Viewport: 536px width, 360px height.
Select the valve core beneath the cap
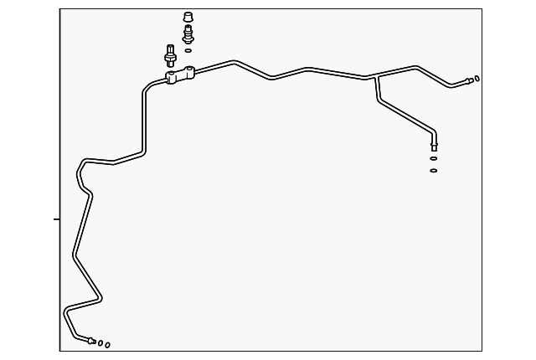pyautogui.click(x=188, y=34)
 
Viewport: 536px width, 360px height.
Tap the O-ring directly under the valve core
pyautogui.click(x=188, y=50)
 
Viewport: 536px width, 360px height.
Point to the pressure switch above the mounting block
pyautogui.click(x=169, y=54)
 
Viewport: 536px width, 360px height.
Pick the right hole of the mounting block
pyautogui.click(x=190, y=75)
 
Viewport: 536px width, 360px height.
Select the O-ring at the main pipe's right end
pyautogui.click(x=477, y=79)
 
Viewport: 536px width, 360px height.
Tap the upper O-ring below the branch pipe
pyautogui.click(x=434, y=157)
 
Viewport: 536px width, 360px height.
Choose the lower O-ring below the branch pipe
pyautogui.click(x=434, y=170)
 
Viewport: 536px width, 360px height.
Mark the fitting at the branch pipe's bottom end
pyautogui.click(x=434, y=146)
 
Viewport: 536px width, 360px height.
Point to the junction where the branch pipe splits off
pyautogui.click(x=378, y=78)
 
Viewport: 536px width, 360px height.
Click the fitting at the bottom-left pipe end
pyautogui.click(x=91, y=340)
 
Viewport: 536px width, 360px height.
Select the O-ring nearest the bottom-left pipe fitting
pyautogui.click(x=100, y=342)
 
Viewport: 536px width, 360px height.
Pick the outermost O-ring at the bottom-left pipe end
pyautogui.click(x=107, y=344)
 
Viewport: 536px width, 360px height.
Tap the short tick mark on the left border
pyautogui.click(x=57, y=219)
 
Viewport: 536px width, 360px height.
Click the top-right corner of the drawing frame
pyautogui.click(x=482, y=9)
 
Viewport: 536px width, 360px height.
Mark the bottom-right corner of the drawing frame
pyautogui.click(x=482, y=351)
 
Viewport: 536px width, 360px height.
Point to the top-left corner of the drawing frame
pyautogui.click(x=60, y=9)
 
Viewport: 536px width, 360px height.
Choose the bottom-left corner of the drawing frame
pyautogui.click(x=60, y=351)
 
